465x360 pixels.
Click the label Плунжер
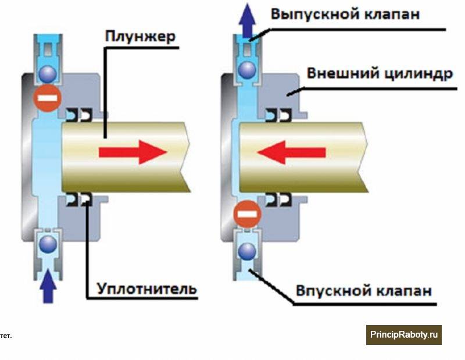[140, 37]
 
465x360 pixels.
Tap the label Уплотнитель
[147, 289]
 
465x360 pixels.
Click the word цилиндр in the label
[418, 73]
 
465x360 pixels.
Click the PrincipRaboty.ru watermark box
[403, 335]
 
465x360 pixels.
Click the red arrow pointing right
[133, 152]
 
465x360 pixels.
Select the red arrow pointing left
[292, 152]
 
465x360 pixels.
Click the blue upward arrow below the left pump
[48, 286]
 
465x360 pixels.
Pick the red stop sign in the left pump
[48, 98]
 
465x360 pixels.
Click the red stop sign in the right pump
[248, 214]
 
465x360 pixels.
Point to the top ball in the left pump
[48, 74]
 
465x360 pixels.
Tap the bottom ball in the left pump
[48, 244]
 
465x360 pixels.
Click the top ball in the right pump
[248, 70]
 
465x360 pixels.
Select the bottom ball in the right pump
[248, 251]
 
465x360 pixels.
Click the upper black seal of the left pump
[79, 115]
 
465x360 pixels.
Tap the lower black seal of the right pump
[278, 199]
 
